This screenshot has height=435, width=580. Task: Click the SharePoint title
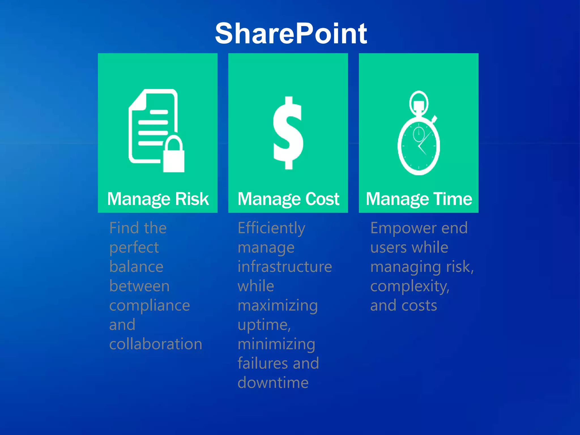point(291,33)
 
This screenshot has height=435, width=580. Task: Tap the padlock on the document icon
point(174,156)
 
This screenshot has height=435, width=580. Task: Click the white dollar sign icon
point(288,133)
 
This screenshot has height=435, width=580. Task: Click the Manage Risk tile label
point(158,199)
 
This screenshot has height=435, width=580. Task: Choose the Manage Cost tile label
point(288,199)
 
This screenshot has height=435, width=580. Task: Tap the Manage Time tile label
point(419,199)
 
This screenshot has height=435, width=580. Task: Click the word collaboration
point(156,344)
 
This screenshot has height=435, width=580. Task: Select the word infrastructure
point(285,267)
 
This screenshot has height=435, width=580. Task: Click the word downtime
point(273,383)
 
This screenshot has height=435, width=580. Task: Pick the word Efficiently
point(271,228)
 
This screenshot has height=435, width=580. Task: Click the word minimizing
point(276,344)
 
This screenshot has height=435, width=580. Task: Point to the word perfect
point(134,248)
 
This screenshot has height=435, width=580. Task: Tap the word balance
point(136,267)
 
